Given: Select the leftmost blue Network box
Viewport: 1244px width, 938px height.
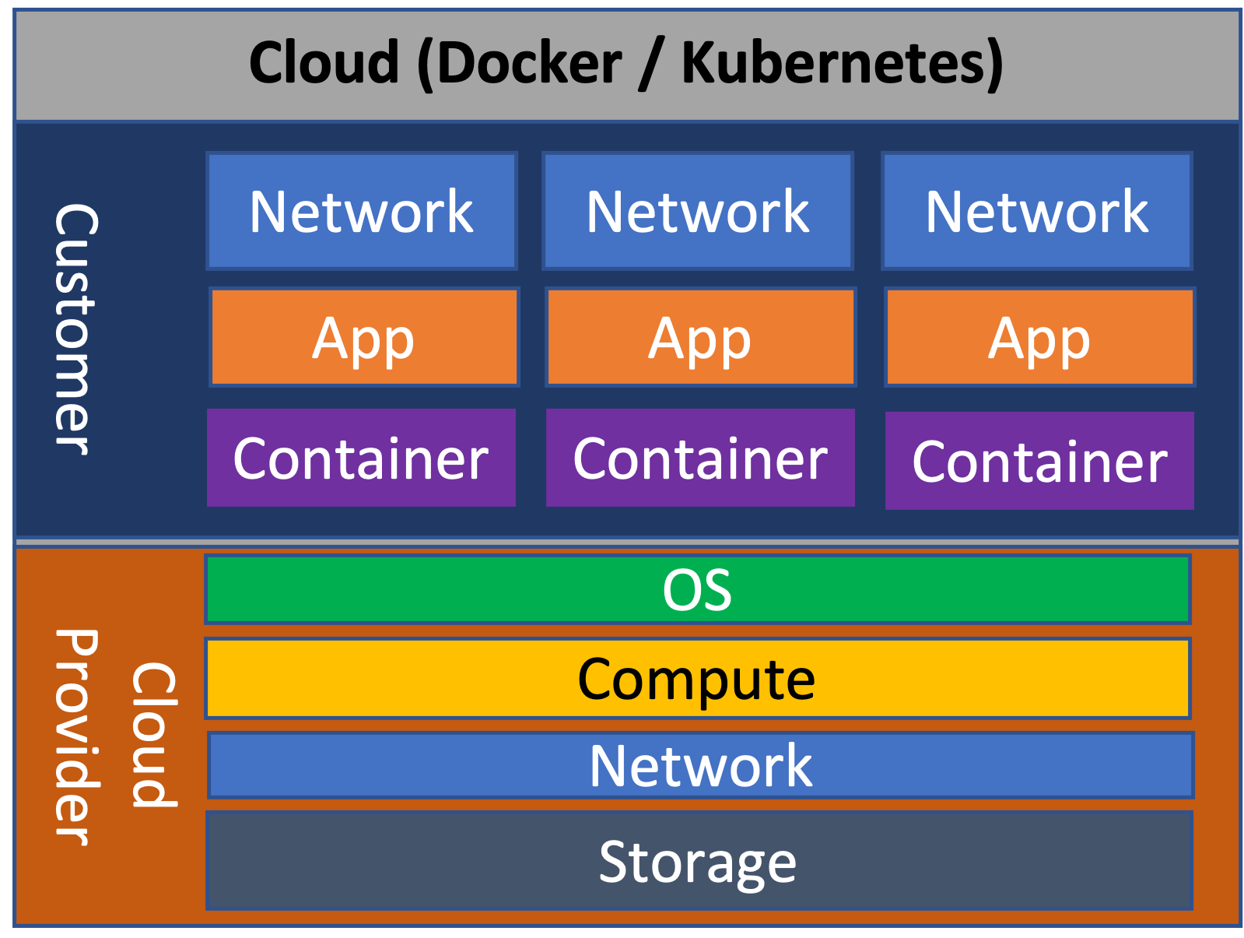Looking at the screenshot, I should point(361,211).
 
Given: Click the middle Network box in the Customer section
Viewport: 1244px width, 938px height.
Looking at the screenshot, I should point(698,211).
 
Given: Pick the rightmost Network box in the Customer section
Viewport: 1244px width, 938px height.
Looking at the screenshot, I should point(1036,211).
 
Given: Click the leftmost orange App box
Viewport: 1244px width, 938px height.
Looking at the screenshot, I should point(363,338).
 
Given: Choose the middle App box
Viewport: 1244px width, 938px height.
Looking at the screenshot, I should point(700,338).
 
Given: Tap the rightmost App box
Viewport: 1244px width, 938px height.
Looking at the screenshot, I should point(1039,338).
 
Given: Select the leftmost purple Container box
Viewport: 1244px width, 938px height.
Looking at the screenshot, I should point(361,458).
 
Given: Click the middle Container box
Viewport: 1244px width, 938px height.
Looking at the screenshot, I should point(700,458).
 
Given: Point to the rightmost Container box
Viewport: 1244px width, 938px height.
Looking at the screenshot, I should point(1039,461).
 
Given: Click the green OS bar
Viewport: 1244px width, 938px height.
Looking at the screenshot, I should point(697,589).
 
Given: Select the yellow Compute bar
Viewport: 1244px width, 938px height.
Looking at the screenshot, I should point(697,679).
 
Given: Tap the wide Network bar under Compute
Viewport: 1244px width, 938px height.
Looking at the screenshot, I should point(700,765).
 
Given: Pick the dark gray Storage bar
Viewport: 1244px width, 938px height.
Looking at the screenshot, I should point(698,861).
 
